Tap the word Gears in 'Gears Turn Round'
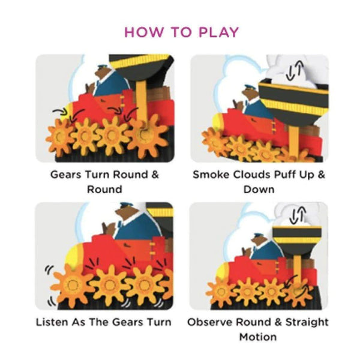point(65,175)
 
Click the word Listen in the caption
point(52,322)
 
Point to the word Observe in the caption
point(210,322)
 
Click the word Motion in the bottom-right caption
point(257,337)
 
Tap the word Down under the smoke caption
point(259,189)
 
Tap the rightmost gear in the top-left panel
point(146,136)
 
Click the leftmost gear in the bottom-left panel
point(71,283)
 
